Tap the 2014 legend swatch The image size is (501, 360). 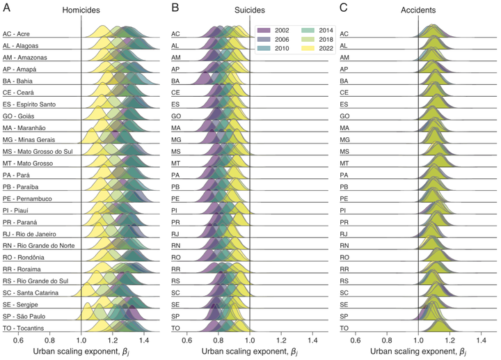tap(307, 31)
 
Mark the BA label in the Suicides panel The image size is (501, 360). tap(175, 81)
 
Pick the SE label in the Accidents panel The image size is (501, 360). tap(344, 304)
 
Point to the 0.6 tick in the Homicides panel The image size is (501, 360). tap(18, 339)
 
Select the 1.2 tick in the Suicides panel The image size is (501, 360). tap(281, 339)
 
